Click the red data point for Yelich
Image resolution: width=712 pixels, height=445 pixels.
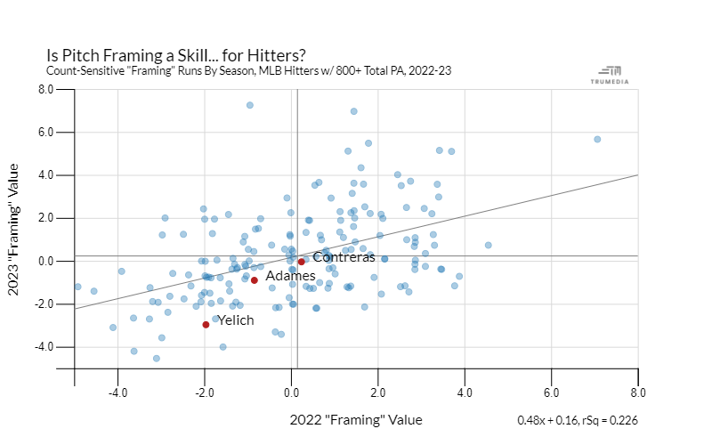pos(206,324)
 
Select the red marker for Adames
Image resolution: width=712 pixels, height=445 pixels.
pos(255,279)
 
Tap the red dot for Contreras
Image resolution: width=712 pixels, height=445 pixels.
pos(302,262)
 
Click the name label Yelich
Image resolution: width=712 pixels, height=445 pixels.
pos(236,320)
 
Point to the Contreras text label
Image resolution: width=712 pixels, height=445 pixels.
pos(344,257)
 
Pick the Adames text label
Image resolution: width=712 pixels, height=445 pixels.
pos(290,276)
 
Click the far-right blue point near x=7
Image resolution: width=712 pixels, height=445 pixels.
pos(597,139)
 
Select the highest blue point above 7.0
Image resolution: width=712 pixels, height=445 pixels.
pos(250,105)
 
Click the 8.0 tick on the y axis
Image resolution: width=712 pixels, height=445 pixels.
pos(45,89)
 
